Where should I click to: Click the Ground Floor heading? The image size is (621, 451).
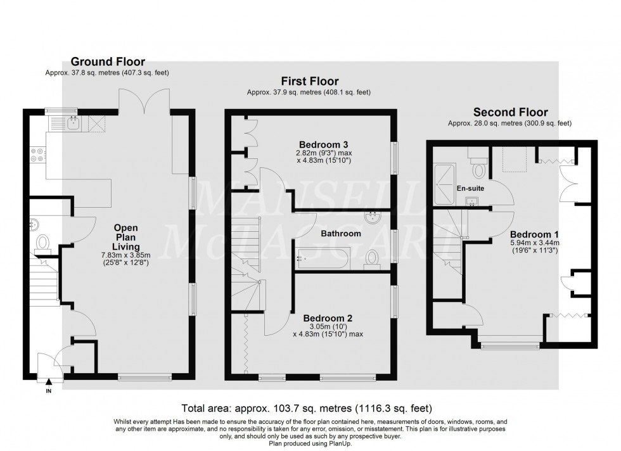click(x=107, y=61)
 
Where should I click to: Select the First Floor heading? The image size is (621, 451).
click(x=310, y=81)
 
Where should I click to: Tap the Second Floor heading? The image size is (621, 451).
click(x=511, y=112)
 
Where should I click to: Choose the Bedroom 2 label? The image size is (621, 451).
click(x=328, y=318)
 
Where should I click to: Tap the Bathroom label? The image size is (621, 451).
click(x=341, y=234)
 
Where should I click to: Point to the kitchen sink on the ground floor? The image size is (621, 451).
click(x=73, y=124)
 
